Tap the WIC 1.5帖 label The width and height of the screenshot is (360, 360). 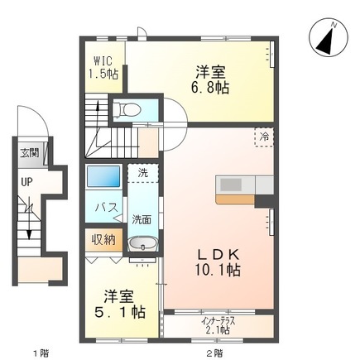(x=104, y=67)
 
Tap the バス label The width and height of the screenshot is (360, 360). (x=103, y=207)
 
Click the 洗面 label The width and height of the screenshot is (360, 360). (x=142, y=219)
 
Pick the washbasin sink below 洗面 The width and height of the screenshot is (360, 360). (x=142, y=245)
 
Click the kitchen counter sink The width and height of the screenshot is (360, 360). (x=231, y=184)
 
